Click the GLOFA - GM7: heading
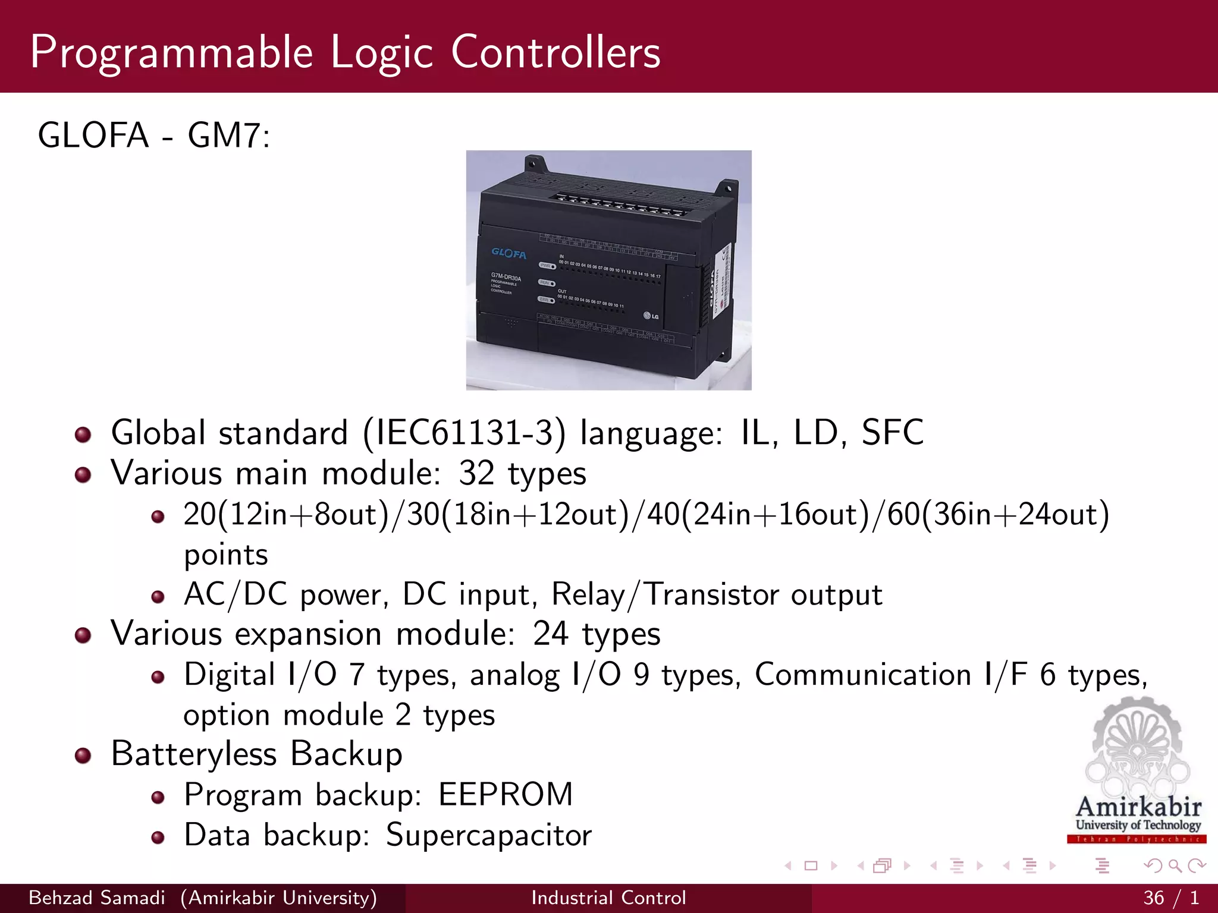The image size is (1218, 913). click(x=153, y=136)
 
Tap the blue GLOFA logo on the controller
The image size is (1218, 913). click(x=508, y=253)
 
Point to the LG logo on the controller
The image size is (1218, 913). click(x=651, y=316)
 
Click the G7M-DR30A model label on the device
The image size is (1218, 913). click(x=506, y=278)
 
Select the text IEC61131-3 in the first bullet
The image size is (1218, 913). click(x=464, y=433)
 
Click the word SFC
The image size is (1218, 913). click(x=892, y=433)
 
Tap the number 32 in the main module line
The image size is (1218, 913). click(x=476, y=473)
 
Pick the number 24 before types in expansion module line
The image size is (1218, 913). click(x=551, y=634)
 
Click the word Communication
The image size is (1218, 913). click(x=862, y=675)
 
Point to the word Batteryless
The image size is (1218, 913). click(x=194, y=754)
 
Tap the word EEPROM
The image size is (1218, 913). click(x=506, y=795)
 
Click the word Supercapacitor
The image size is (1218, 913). click(x=489, y=835)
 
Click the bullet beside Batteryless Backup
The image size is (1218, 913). click(x=83, y=755)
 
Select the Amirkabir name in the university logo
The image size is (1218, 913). click(x=1138, y=807)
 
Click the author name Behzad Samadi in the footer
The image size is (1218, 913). click(x=97, y=898)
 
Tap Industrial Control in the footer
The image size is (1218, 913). click(x=608, y=898)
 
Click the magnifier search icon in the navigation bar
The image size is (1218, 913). click(x=1175, y=865)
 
